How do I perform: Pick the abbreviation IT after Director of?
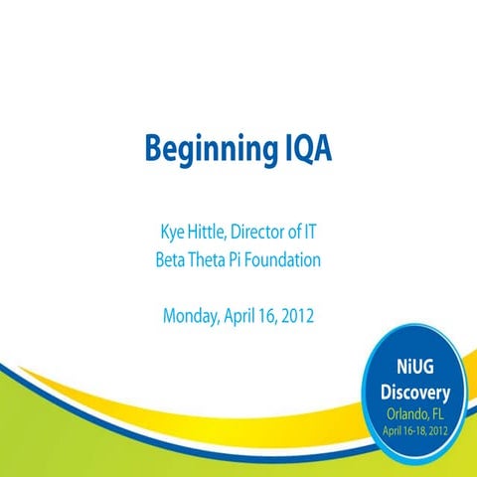(322, 237)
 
